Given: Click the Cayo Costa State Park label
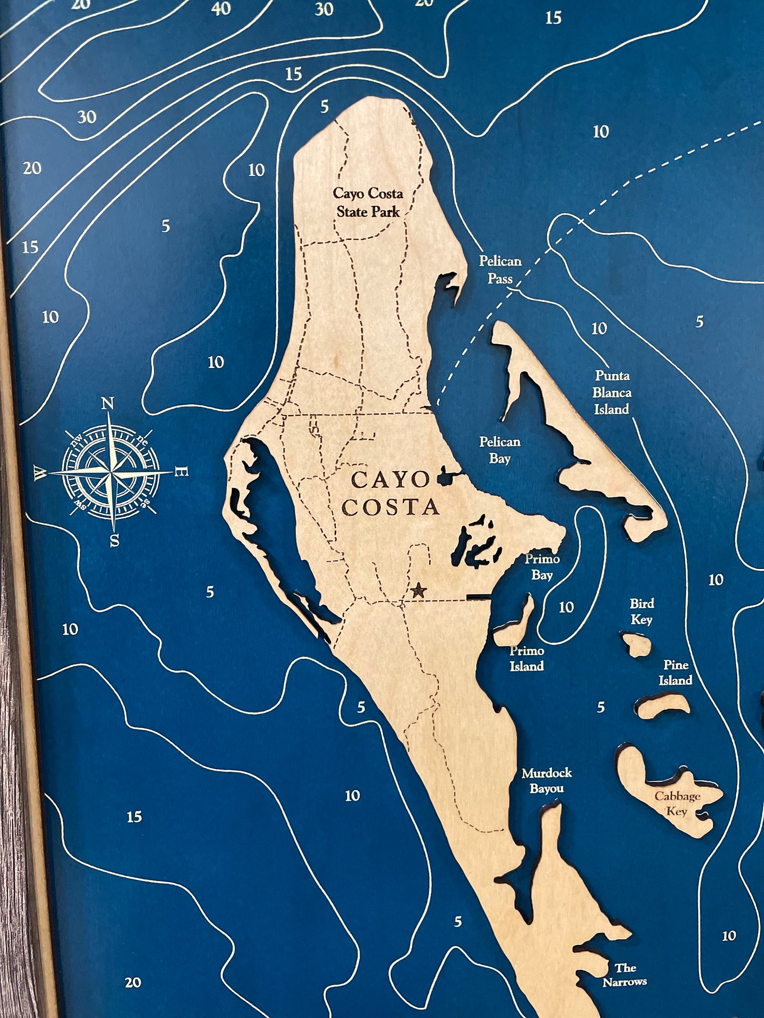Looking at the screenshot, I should click(x=369, y=202).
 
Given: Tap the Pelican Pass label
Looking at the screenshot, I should click(x=500, y=269).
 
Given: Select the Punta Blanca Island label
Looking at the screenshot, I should click(x=611, y=392).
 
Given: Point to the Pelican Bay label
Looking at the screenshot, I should click(x=499, y=450).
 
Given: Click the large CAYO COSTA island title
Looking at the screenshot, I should click(x=391, y=493).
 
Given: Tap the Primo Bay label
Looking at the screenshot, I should click(x=542, y=567).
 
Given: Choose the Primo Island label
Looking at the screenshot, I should click(x=527, y=658).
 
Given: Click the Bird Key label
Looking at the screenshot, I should click(x=642, y=611).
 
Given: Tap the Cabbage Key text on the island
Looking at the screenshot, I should click(x=677, y=804).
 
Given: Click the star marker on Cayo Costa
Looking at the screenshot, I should click(x=419, y=590).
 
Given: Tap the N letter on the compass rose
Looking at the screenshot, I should click(x=107, y=403).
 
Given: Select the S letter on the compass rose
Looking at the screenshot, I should click(x=115, y=541).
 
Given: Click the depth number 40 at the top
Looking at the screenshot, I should click(x=221, y=9).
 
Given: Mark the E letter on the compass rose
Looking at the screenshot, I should click(x=183, y=472).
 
